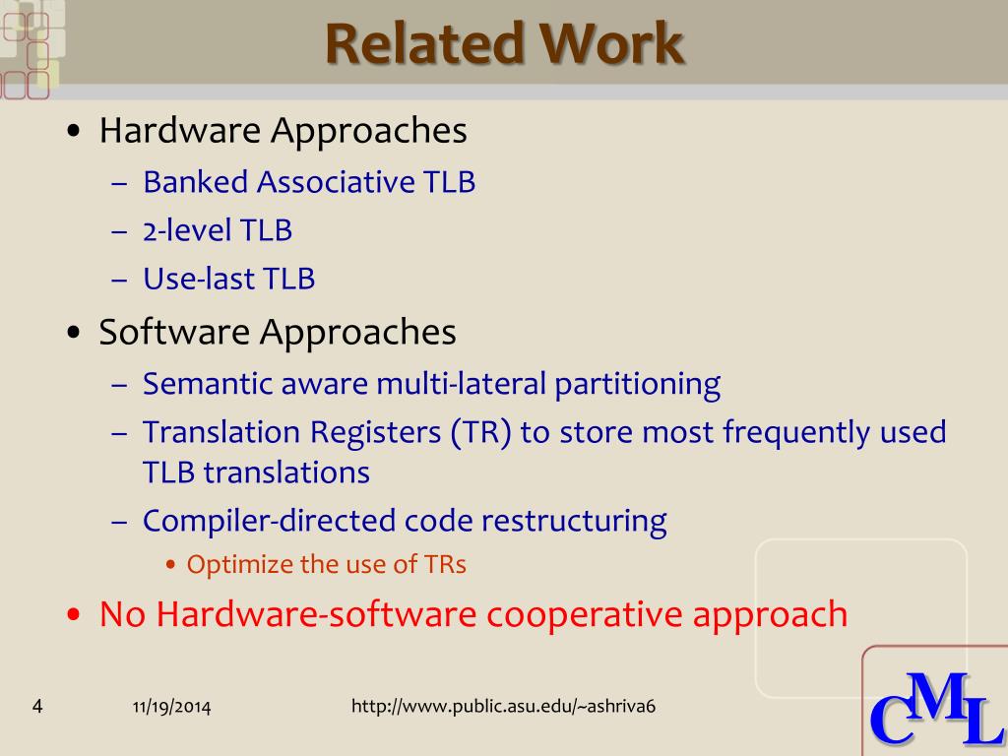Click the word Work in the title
click(x=611, y=43)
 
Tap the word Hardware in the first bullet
click(x=180, y=131)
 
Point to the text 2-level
click(x=186, y=230)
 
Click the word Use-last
click(x=199, y=279)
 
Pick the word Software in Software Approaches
click(x=174, y=333)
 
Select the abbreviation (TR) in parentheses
click(x=480, y=432)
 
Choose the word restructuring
click(x=574, y=522)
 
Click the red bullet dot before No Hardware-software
click(x=74, y=614)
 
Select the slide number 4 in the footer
click(x=37, y=707)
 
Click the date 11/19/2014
click(x=171, y=707)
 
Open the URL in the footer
click(x=503, y=707)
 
